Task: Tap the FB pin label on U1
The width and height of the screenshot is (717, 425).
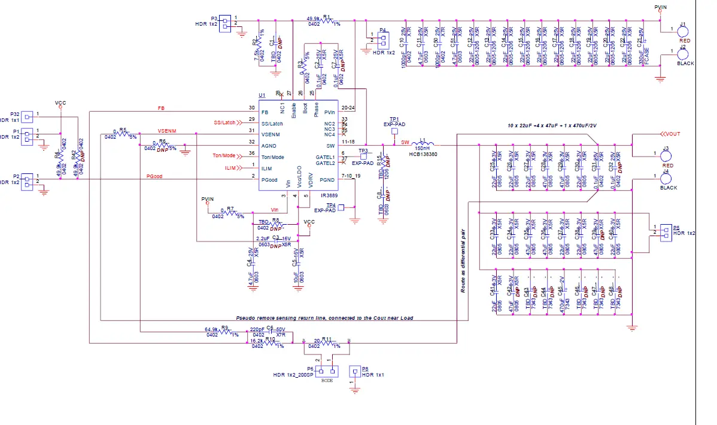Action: tap(265, 112)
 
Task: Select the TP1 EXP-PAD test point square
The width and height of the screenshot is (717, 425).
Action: tap(394, 132)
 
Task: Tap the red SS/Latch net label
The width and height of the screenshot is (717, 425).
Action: tap(224, 123)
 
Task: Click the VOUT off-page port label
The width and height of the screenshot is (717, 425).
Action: tap(670, 133)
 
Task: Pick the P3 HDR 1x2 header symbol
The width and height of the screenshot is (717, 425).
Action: tap(226, 23)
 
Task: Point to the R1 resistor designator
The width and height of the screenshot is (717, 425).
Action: tap(326, 17)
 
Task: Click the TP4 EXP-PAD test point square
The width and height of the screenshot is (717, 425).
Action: tap(341, 207)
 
